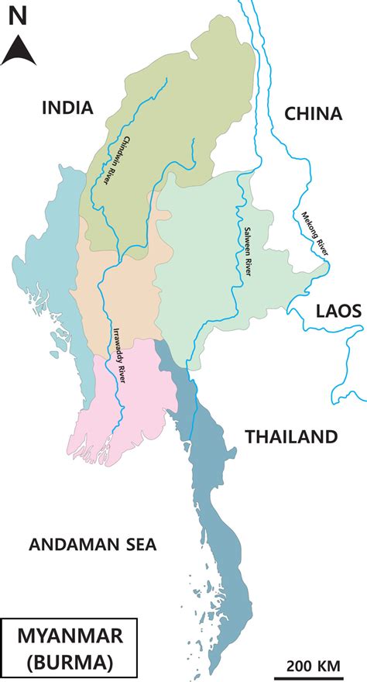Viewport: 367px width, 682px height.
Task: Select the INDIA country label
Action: (x=67, y=108)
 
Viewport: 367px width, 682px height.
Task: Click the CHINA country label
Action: (x=313, y=114)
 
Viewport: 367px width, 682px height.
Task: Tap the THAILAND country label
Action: (x=292, y=436)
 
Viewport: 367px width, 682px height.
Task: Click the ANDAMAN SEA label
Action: (x=92, y=545)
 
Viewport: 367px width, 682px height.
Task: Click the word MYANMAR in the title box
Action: (x=70, y=636)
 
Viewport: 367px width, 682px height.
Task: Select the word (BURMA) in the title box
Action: (x=70, y=663)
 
